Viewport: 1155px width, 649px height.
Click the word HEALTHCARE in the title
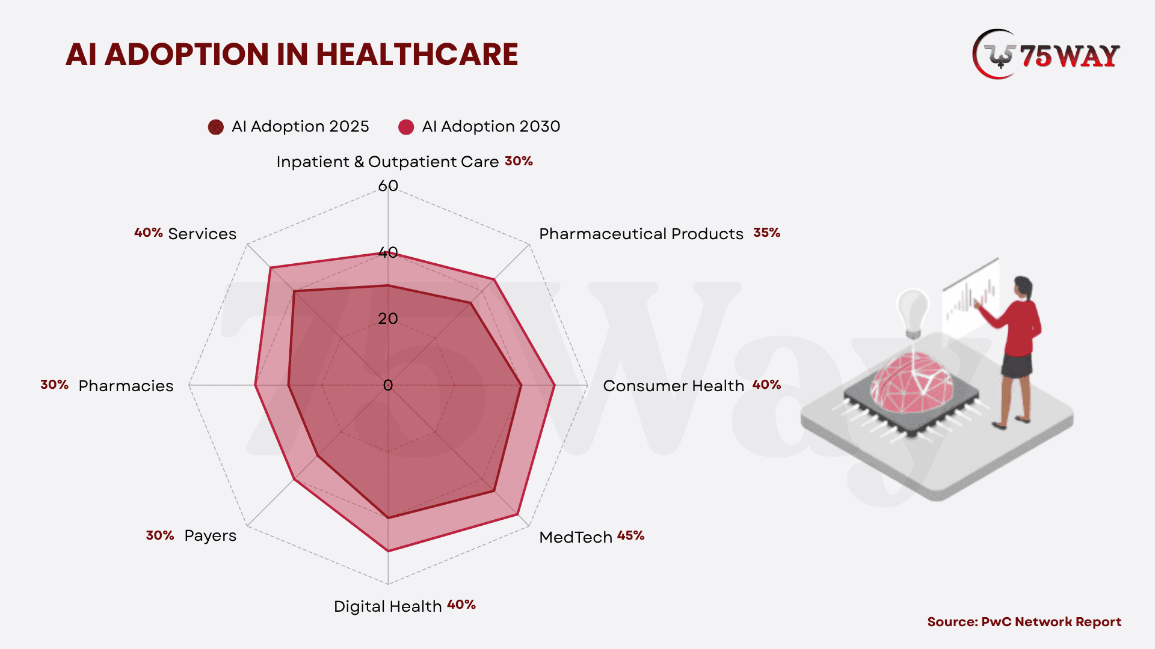416,55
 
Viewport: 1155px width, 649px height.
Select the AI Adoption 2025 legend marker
215,127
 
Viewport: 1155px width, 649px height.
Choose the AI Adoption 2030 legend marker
406,127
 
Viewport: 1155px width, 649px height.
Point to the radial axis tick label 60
388,186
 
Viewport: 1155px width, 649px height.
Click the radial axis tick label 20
388,318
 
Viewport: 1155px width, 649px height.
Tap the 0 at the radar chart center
388,385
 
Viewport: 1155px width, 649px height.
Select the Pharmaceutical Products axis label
641,234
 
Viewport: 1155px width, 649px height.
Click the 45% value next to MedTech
630,535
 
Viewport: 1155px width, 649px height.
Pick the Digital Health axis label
387,606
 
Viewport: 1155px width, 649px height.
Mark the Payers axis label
210,535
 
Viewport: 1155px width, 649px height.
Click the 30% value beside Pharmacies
54,385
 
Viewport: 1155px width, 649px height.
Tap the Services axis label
202,234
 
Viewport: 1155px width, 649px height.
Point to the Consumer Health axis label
673,386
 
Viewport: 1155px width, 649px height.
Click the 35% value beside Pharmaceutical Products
766,233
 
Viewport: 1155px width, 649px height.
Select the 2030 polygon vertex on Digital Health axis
388,550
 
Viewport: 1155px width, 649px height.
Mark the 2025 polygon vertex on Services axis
294,292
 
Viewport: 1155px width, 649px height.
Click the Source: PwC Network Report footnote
1024,622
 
